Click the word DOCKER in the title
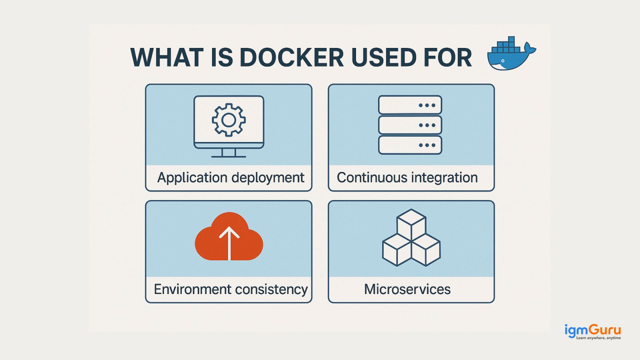coord(292,58)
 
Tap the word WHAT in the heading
coord(167,58)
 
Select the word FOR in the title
coord(448,58)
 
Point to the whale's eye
coord(503,61)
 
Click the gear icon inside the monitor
coord(229,120)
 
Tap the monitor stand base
coord(229,156)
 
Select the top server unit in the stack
coord(410,105)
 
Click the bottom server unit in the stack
coord(410,145)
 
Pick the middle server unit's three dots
coord(427,125)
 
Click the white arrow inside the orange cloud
coord(229,242)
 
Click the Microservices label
coord(407,289)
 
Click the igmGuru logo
coord(592,332)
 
